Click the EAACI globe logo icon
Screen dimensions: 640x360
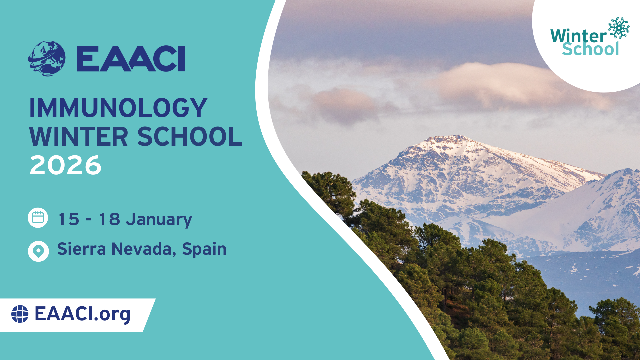click(46, 59)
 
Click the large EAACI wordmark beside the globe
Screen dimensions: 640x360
click(131, 59)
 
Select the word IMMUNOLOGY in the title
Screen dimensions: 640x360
click(118, 108)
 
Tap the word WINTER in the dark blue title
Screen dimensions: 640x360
click(79, 136)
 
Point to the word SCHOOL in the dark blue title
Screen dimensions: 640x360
click(190, 136)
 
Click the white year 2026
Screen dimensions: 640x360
click(65, 165)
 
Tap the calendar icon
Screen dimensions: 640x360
click(38, 218)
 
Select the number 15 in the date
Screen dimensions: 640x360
click(69, 219)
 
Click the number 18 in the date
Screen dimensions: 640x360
click(109, 219)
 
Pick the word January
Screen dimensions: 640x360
click(159, 220)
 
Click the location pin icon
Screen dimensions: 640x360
click(38, 251)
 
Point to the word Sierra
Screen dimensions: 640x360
click(82, 249)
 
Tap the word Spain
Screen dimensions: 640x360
click(204, 250)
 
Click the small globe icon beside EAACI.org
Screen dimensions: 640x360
click(20, 314)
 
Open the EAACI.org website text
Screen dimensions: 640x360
click(82, 314)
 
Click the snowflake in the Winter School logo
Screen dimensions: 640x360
click(619, 28)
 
